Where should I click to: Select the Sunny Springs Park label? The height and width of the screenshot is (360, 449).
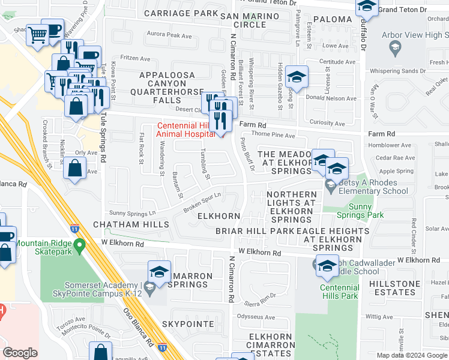(352, 211)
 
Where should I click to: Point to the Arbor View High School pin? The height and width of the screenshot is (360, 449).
(395, 47)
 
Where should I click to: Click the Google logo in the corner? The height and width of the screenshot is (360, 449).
(20, 353)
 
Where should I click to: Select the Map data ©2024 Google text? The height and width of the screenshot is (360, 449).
(412, 355)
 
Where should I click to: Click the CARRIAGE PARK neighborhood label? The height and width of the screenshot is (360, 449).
(171, 13)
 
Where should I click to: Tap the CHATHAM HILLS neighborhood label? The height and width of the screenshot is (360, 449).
(131, 224)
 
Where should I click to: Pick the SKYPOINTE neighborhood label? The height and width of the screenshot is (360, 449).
(188, 323)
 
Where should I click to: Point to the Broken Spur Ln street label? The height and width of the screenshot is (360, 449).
(202, 203)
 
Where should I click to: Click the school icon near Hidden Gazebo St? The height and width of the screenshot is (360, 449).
(297, 77)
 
